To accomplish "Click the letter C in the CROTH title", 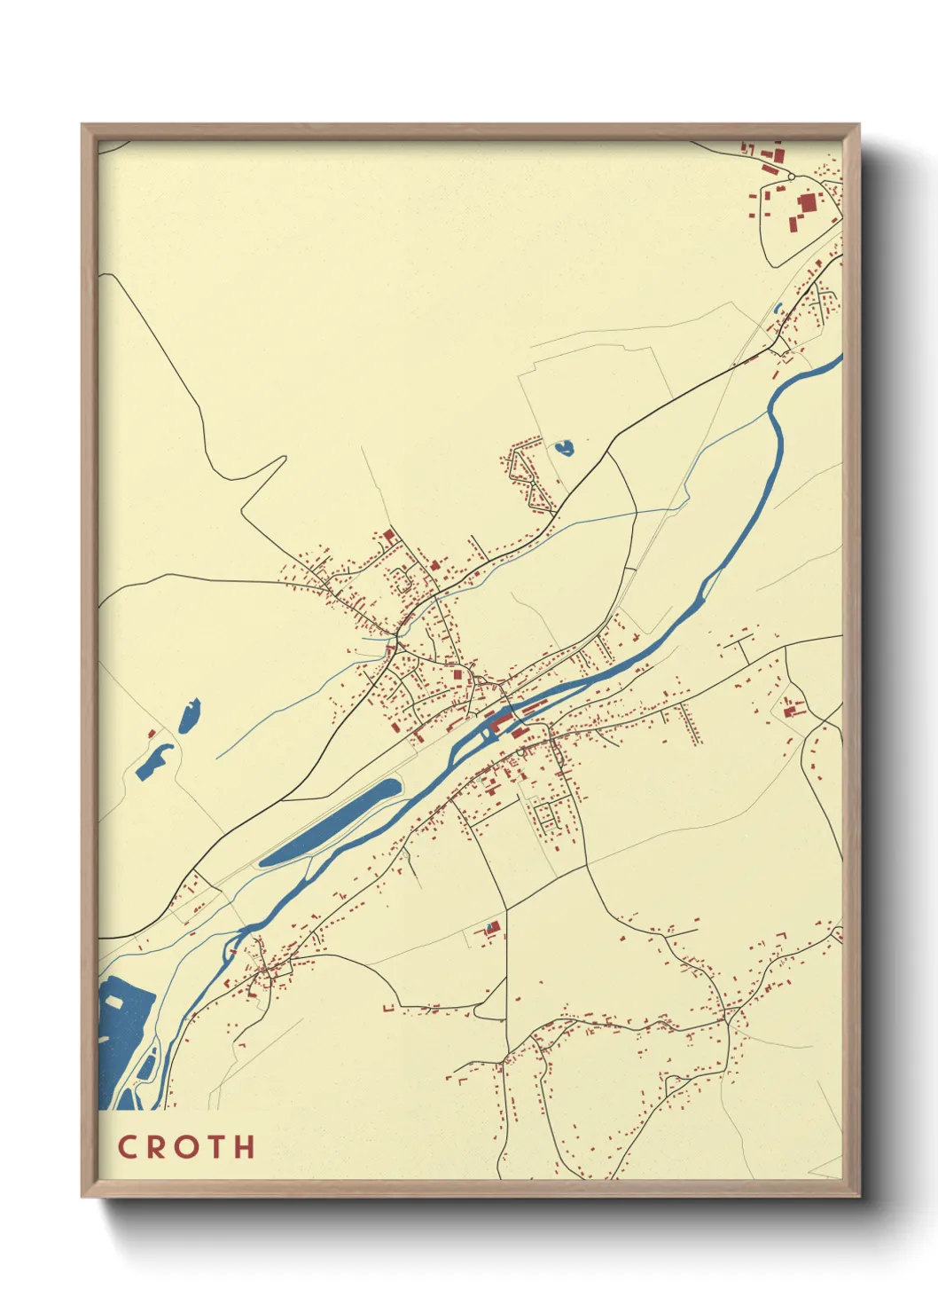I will click(x=127, y=1146).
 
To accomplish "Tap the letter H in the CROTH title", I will click(x=245, y=1146).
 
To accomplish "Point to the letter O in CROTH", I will click(x=184, y=1146).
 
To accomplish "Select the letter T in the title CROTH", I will click(x=215, y=1146).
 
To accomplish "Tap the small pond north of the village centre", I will click(x=563, y=448).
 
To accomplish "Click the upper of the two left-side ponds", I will click(x=190, y=715).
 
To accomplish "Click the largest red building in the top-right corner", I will click(x=807, y=203).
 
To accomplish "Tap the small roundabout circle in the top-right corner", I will click(x=791, y=177).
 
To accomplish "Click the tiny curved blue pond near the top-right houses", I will click(x=778, y=309).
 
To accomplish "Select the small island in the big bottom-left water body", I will click(x=114, y=1000).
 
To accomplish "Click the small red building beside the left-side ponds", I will click(x=152, y=734).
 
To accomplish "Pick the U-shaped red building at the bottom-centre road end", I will click(x=387, y=1009).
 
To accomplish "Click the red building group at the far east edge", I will click(x=791, y=709).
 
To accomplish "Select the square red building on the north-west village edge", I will click(x=388, y=535).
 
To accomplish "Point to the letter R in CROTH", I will click(x=154, y=1146).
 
